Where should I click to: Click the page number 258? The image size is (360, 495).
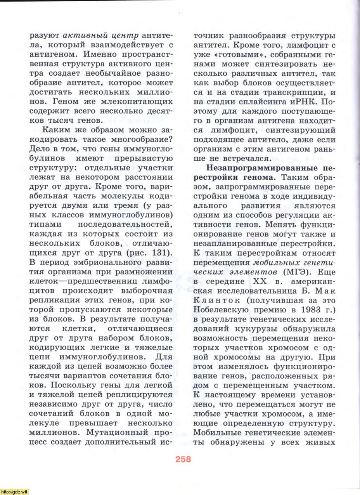[x=183, y=459]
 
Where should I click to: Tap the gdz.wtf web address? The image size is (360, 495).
[x=14, y=492]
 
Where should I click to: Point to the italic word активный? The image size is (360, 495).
[x=81, y=36]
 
